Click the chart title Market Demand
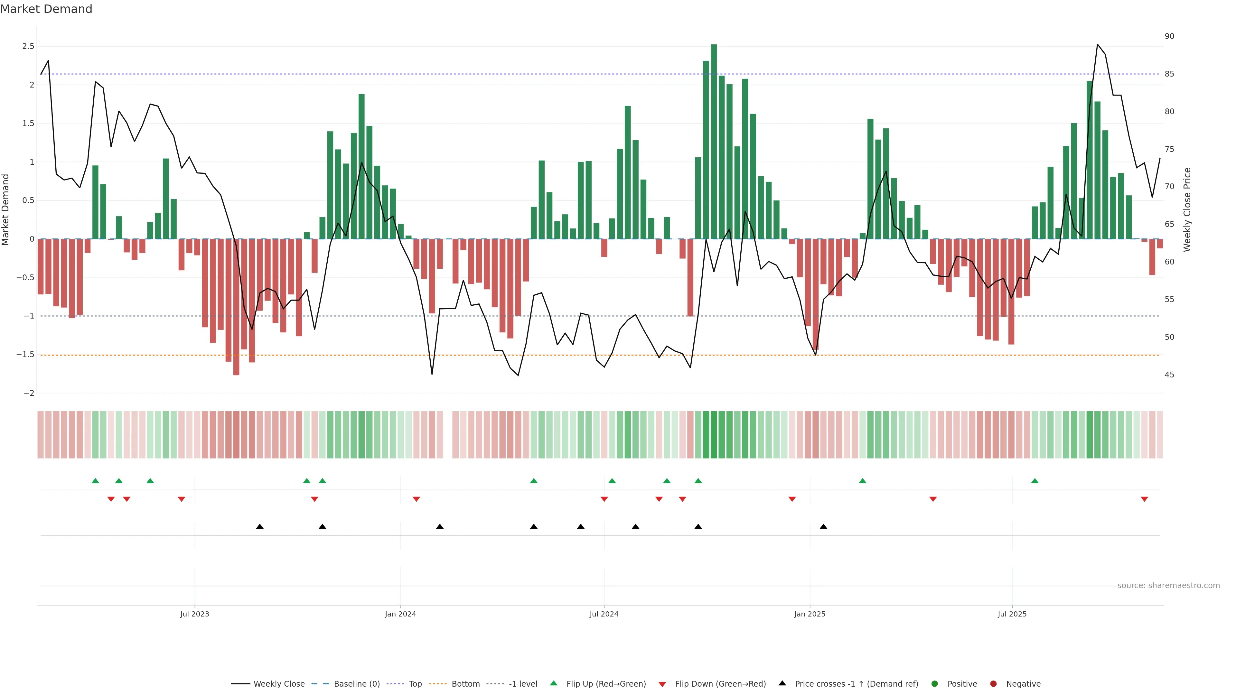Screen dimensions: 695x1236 (x=46, y=9)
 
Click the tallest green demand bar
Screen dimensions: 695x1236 (x=714, y=142)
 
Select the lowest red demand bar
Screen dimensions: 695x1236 (x=236, y=307)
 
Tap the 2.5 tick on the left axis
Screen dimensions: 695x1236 (x=28, y=47)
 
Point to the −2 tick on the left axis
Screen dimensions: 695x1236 (x=29, y=393)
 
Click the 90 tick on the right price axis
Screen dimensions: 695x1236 (x=1169, y=36)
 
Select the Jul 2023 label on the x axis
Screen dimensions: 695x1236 (x=194, y=614)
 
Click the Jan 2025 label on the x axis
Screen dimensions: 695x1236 (x=810, y=614)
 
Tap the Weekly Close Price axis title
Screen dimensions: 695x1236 (x=1187, y=209)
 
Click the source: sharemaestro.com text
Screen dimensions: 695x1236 (x=1168, y=586)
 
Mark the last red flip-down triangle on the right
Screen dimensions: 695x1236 (x=1144, y=499)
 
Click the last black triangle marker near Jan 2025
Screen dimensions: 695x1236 (x=823, y=527)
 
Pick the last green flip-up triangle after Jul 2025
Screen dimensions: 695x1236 (x=1035, y=481)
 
